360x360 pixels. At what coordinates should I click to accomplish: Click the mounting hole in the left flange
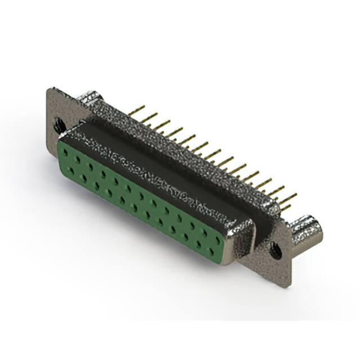(59, 124)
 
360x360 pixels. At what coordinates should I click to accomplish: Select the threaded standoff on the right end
(308, 227)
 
